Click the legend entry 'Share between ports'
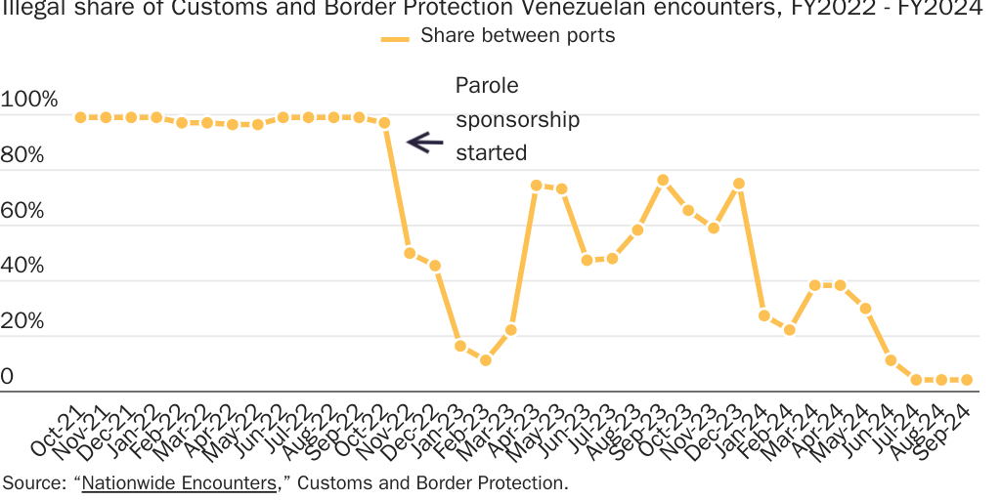(x=517, y=36)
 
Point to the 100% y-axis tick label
(x=30, y=100)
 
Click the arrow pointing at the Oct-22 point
(x=424, y=142)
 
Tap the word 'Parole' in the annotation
(x=487, y=85)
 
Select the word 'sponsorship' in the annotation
(x=517, y=119)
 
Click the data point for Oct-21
(x=80, y=117)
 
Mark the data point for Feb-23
(x=485, y=360)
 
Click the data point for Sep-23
(x=663, y=180)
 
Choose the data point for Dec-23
(x=739, y=183)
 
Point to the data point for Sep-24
(x=967, y=379)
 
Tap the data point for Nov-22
(x=410, y=253)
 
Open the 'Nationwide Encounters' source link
(x=179, y=483)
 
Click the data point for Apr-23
(x=536, y=185)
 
